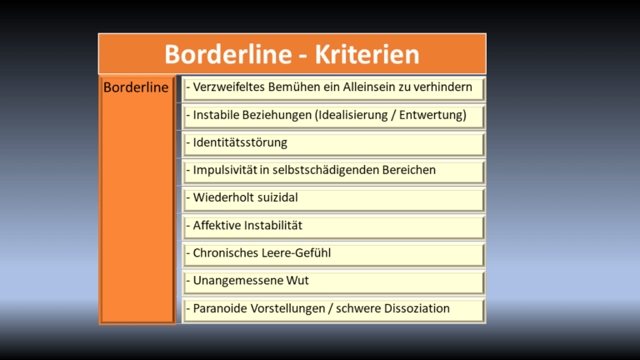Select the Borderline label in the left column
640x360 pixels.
[x=136, y=87]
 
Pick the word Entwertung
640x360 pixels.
[x=430, y=115]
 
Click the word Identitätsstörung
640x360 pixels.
[x=240, y=142]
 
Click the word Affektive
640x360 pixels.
[x=219, y=226]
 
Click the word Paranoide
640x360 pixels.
[x=222, y=308]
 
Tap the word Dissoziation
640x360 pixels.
[x=413, y=308]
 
